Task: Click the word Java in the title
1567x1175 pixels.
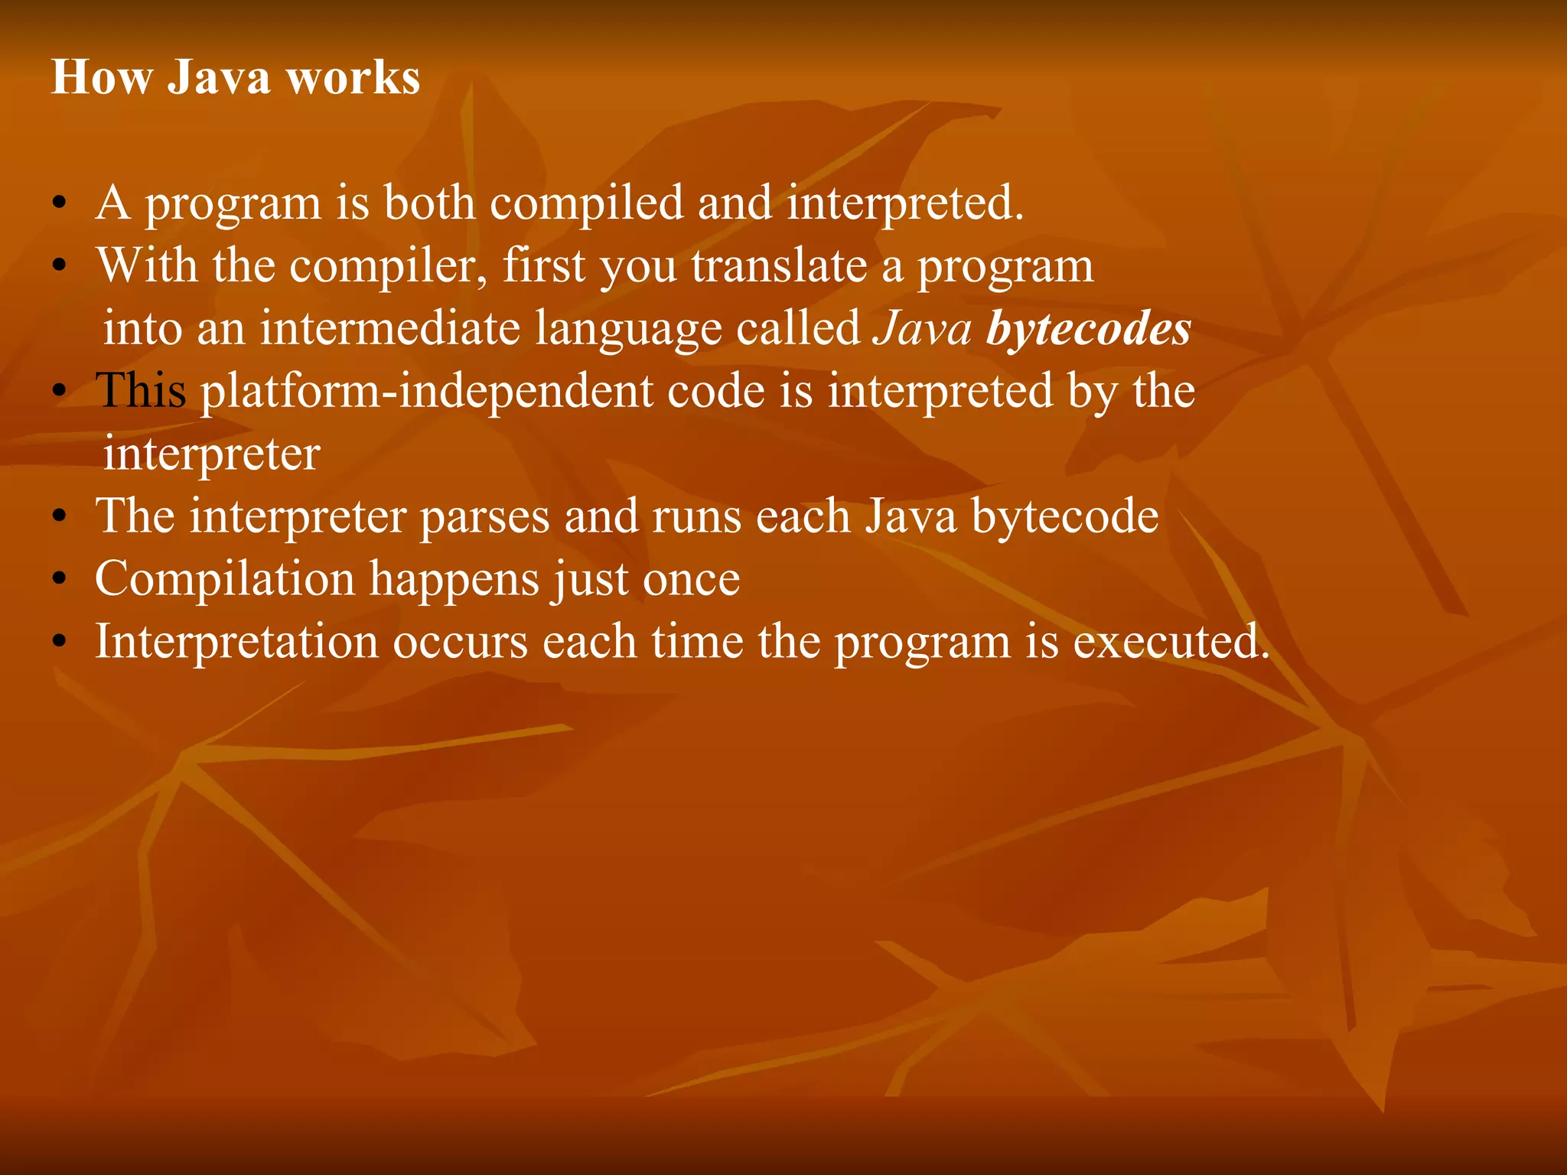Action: pyautogui.click(x=219, y=78)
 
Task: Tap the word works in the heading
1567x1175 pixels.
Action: pyautogui.click(x=353, y=78)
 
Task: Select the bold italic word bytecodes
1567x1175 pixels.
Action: pyautogui.click(x=1088, y=328)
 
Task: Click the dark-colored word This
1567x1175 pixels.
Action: pyautogui.click(x=141, y=391)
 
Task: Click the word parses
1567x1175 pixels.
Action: pyautogui.click(x=484, y=516)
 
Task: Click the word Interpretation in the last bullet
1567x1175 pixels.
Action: pyautogui.click(x=236, y=641)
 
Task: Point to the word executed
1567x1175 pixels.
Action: pyautogui.click(x=1171, y=641)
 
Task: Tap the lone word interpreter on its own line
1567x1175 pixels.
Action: pyautogui.click(x=211, y=454)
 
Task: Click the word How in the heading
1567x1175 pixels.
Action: pyautogui.click(x=101, y=78)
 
